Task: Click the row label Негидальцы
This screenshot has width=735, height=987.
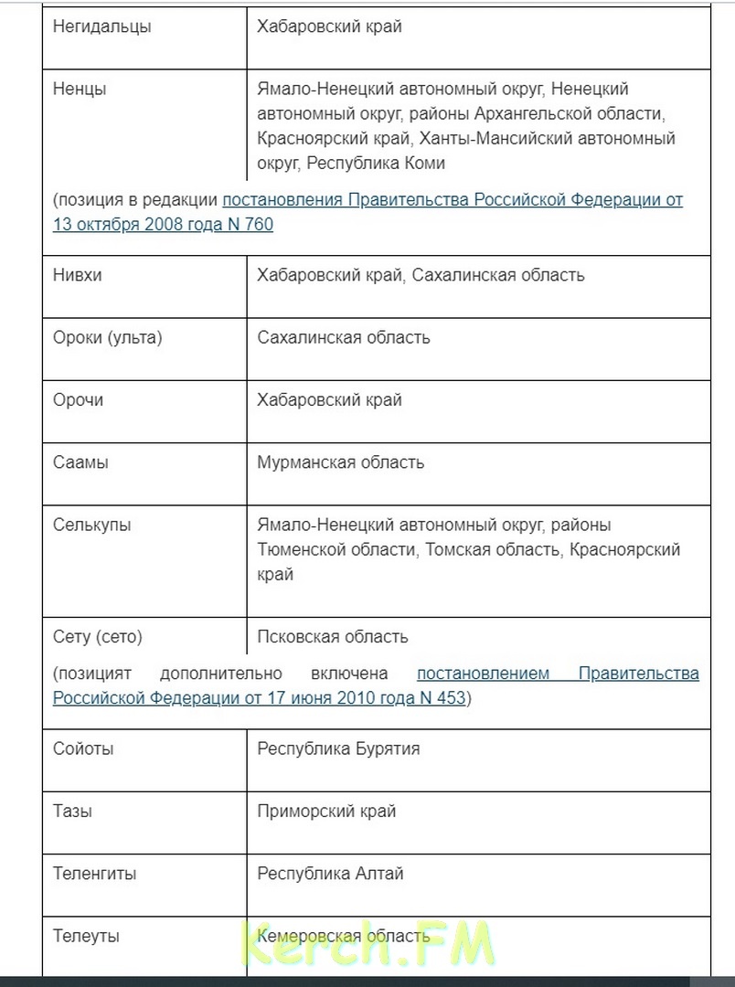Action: [x=102, y=27]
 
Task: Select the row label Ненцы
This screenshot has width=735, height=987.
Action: [x=80, y=90]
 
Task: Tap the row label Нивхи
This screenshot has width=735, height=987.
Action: [x=78, y=275]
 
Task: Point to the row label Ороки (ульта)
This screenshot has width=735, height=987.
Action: [x=107, y=337]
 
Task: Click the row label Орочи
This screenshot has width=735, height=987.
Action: [x=79, y=400]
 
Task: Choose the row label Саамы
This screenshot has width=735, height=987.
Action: [x=80, y=462]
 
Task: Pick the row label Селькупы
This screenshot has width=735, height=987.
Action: [x=91, y=525]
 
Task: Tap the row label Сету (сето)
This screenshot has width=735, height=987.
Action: [x=98, y=637]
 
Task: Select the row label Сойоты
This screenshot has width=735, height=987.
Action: [x=83, y=749]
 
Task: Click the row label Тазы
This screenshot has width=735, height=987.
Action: [x=72, y=812]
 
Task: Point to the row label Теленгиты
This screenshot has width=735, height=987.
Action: [x=95, y=874]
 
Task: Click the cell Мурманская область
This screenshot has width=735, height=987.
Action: [x=340, y=462]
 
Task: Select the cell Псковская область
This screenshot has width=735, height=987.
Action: [x=333, y=637]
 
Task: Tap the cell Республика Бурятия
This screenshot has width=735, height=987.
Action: [x=338, y=749]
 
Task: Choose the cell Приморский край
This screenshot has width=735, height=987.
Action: [x=326, y=812]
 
